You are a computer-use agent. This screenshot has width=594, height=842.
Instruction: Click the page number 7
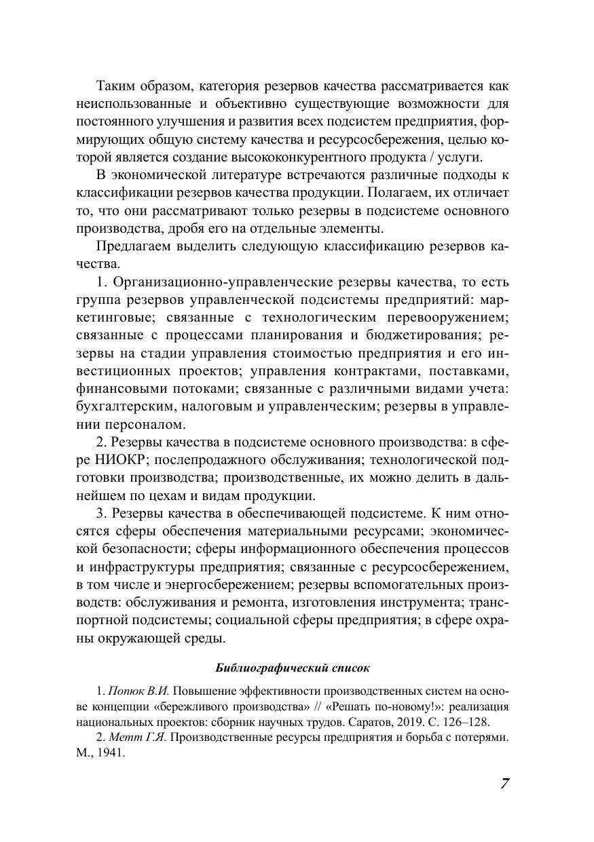(x=504, y=783)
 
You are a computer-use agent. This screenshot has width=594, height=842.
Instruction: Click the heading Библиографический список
(x=292, y=668)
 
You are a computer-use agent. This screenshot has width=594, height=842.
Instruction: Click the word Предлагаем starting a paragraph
(x=132, y=245)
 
